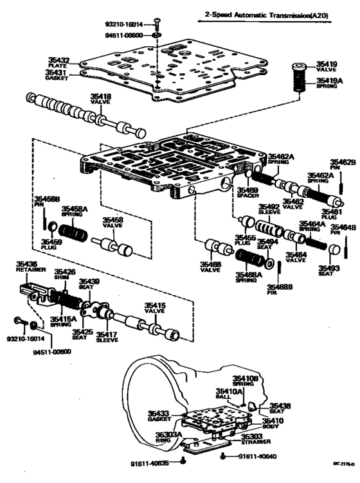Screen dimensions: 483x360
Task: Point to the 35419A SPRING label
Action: (329, 84)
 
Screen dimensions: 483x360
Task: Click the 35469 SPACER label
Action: (247, 193)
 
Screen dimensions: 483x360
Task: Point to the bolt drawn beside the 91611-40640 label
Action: (223, 457)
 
